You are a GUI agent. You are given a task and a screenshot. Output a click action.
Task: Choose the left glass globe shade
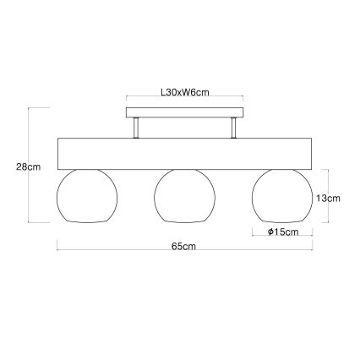tap(84, 195)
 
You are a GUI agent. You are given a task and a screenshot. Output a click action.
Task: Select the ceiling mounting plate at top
tap(183, 112)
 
